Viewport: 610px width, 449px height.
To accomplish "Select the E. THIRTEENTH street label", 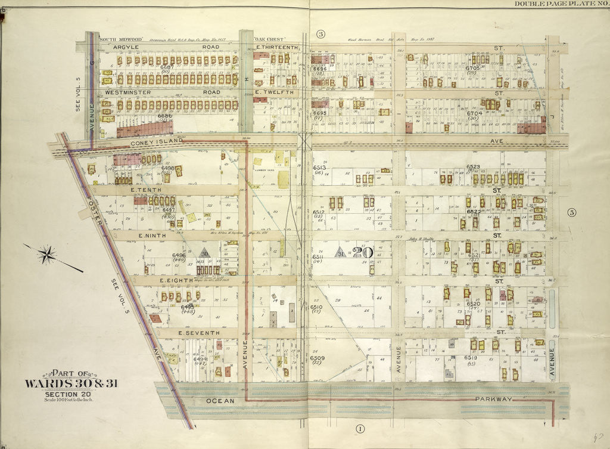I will [276, 47].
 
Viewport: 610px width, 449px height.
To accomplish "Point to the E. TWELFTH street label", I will [272, 92].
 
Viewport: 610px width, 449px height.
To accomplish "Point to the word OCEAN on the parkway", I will [220, 401].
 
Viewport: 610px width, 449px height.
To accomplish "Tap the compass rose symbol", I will [47, 255].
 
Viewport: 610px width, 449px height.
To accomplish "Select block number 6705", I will [472, 68].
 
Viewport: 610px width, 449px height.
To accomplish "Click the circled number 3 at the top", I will [320, 34].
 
